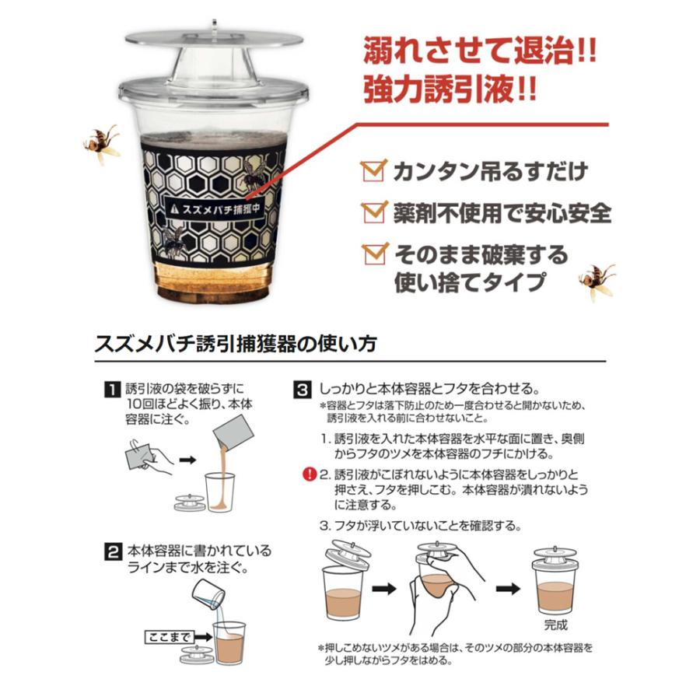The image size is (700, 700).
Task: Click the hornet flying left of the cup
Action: pyautogui.click(x=102, y=144)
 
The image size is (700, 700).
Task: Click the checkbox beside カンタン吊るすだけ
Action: pyautogui.click(x=373, y=170)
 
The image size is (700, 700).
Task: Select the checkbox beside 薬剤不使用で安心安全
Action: pyautogui.click(x=374, y=212)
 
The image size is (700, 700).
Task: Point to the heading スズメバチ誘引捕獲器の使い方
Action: pyautogui.click(x=234, y=345)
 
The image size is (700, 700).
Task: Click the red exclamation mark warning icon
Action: pyautogui.click(x=309, y=474)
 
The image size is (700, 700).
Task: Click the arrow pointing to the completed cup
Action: pyautogui.click(x=509, y=589)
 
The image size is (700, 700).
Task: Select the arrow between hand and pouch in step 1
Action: pyautogui.click(x=187, y=460)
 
